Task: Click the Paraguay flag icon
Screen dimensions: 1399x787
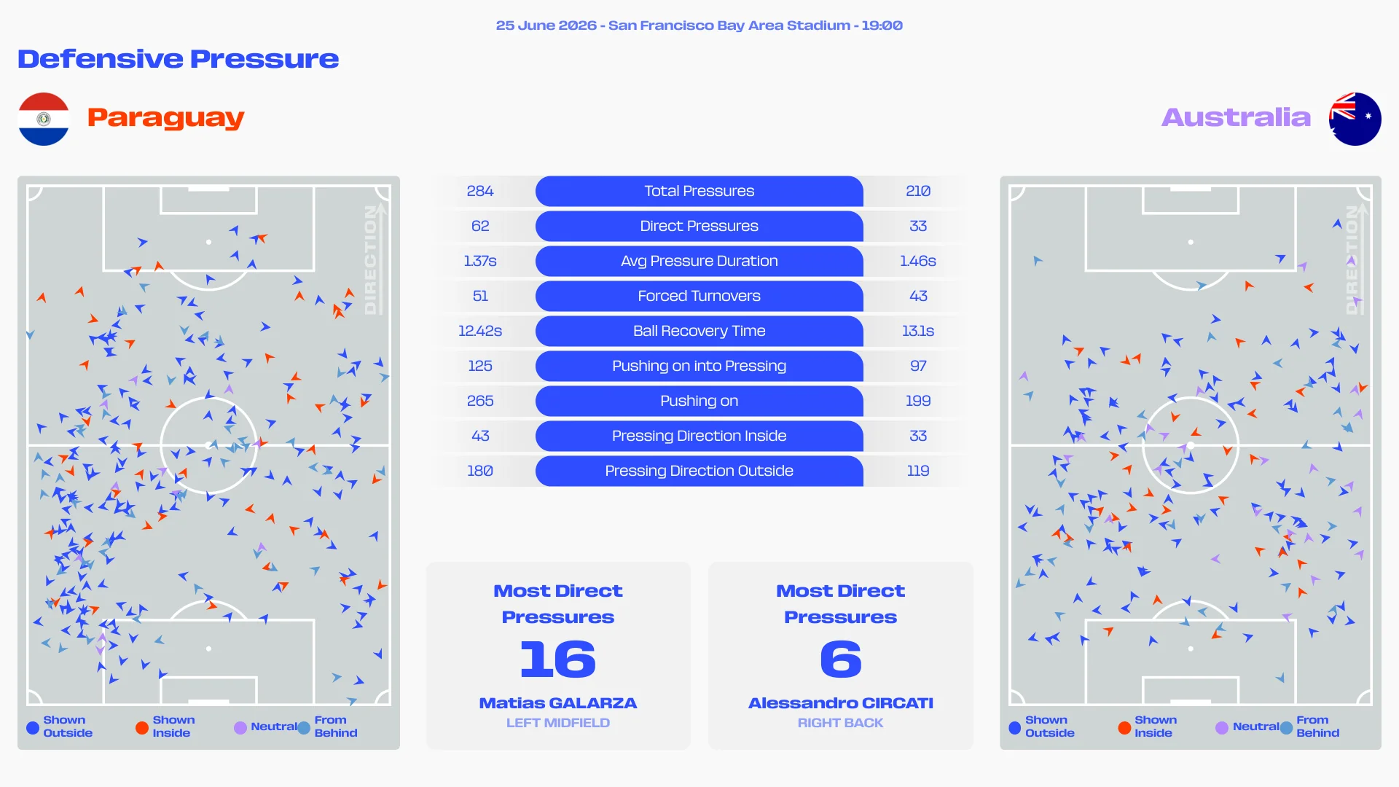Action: (44, 119)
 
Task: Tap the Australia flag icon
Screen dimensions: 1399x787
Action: (1355, 119)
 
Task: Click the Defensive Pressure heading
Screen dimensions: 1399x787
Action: (179, 59)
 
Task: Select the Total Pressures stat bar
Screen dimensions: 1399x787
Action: (699, 191)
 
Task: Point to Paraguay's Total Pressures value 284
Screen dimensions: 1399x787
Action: (480, 191)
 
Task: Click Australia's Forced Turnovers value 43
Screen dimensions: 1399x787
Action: (918, 296)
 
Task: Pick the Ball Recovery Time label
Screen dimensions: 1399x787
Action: (699, 331)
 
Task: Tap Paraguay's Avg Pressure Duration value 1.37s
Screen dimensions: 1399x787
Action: (480, 261)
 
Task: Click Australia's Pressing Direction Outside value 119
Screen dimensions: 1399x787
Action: (918, 471)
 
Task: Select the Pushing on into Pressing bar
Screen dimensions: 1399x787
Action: (699, 366)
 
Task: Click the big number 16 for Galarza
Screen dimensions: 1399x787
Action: (558, 659)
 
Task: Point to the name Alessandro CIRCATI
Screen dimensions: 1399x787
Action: (841, 703)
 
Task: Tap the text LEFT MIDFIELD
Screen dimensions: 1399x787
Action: (558, 723)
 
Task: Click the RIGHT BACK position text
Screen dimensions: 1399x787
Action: (841, 723)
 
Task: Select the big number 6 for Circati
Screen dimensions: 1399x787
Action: (841, 659)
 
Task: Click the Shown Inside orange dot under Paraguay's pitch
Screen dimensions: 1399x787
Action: (142, 727)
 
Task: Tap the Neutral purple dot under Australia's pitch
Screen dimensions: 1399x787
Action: (1222, 727)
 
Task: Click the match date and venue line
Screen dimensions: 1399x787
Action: (699, 26)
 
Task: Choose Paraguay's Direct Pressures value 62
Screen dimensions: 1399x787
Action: (480, 226)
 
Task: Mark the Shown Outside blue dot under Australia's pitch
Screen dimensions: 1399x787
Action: (1015, 727)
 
